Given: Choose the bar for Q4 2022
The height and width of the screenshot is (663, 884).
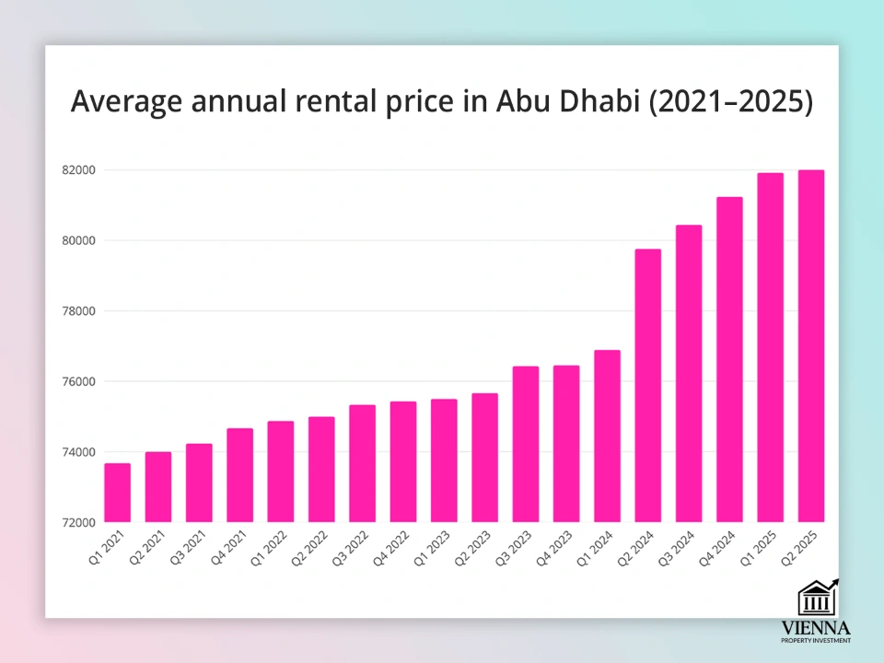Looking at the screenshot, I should click(x=403, y=461).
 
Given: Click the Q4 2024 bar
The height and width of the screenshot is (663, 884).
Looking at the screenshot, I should click(x=729, y=359).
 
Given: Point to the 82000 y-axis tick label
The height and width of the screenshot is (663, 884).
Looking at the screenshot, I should click(x=77, y=170).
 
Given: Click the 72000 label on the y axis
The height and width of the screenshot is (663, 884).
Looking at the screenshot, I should click(x=77, y=523).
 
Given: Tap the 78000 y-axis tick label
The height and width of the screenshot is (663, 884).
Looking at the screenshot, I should click(x=77, y=311).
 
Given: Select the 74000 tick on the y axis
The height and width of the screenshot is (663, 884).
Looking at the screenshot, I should click(x=77, y=452).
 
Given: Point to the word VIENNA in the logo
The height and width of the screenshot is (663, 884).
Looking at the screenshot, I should click(x=816, y=628).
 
